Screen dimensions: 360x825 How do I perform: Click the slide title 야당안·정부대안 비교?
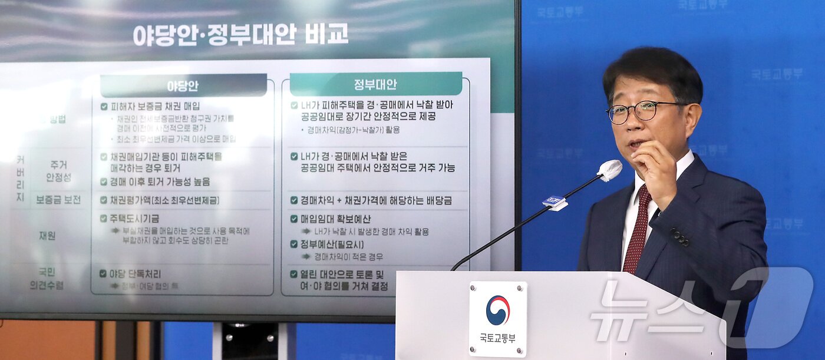click(240, 34)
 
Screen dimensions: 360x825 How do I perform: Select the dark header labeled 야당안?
click(183, 86)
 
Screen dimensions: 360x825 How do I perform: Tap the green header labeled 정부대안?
click(375, 84)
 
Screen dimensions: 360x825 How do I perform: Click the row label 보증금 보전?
click(58, 200)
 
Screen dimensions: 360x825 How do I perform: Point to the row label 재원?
click(47, 236)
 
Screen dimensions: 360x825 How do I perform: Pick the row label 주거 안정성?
click(59, 171)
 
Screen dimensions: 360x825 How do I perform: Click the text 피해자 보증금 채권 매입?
click(154, 107)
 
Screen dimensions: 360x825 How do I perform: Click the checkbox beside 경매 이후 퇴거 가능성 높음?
click(104, 182)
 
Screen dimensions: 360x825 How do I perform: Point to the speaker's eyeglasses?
click(640, 111)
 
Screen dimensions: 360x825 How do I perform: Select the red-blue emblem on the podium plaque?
click(498, 311)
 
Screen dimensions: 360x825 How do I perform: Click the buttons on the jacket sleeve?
click(679, 237)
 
